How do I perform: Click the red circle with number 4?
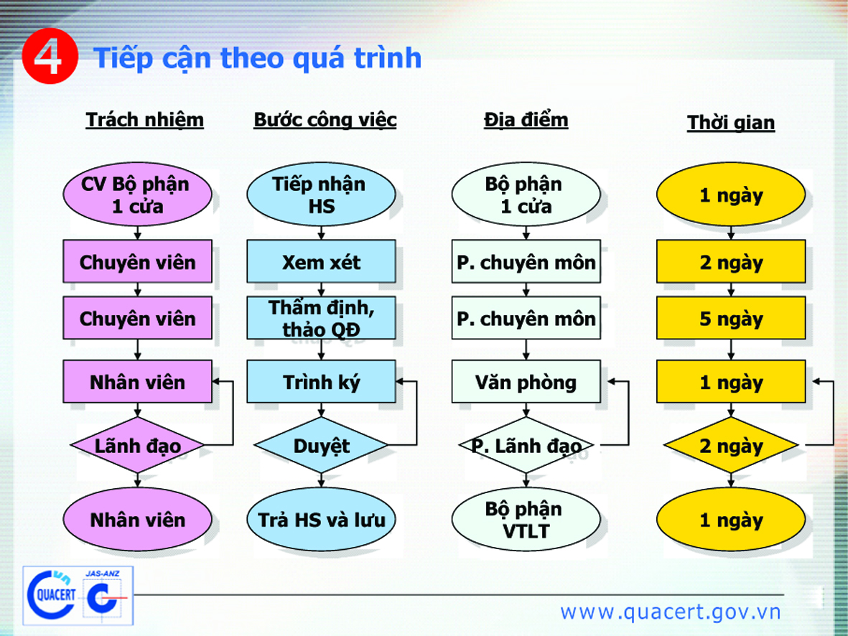(50, 56)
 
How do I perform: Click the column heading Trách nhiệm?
(144, 120)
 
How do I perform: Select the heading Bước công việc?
(325, 120)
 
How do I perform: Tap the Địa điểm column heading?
(526, 120)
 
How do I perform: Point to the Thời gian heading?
(731, 122)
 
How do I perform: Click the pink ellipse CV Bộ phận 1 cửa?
(137, 195)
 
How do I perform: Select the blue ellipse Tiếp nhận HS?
(321, 195)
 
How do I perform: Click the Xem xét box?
(321, 262)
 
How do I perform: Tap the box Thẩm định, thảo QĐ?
(321, 318)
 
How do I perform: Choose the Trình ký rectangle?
(321, 382)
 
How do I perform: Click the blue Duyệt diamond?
(321, 445)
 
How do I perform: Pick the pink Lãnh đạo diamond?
(137, 445)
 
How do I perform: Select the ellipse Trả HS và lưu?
(321, 520)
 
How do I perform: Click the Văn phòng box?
(526, 382)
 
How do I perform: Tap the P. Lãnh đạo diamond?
(526, 445)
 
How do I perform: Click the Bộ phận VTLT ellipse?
(526, 520)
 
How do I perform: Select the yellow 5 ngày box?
(731, 318)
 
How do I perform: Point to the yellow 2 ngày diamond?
(731, 445)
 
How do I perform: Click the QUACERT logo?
(52, 595)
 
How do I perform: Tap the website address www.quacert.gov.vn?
(671, 612)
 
